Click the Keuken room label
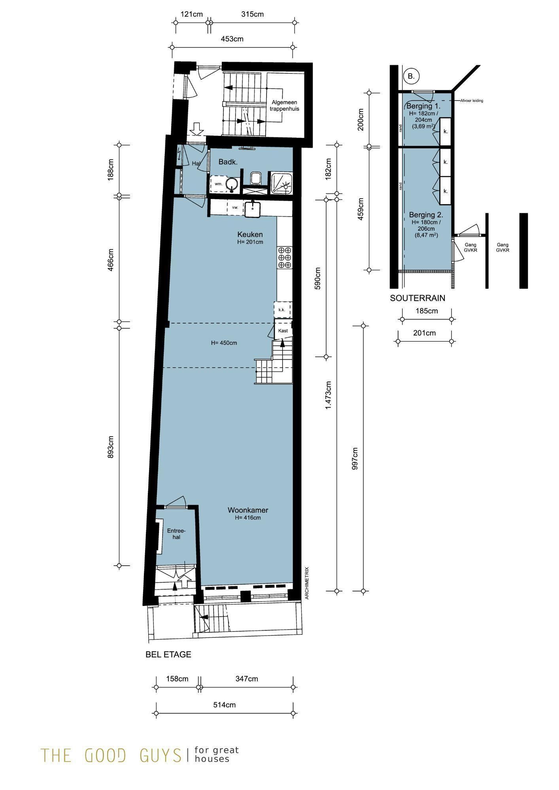click(x=250, y=234)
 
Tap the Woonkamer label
click(x=248, y=510)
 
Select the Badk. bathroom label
click(x=228, y=162)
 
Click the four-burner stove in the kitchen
click(x=285, y=257)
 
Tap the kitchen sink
click(x=253, y=209)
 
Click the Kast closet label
click(x=283, y=331)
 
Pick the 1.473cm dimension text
click(x=328, y=395)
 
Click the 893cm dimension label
click(x=111, y=447)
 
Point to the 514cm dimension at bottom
click(x=225, y=705)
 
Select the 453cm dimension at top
click(x=232, y=39)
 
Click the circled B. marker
click(x=411, y=76)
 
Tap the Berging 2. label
click(x=426, y=215)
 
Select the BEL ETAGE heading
click(x=168, y=655)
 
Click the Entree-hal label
click(x=176, y=534)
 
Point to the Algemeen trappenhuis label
click(x=285, y=105)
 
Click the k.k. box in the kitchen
click(x=282, y=310)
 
